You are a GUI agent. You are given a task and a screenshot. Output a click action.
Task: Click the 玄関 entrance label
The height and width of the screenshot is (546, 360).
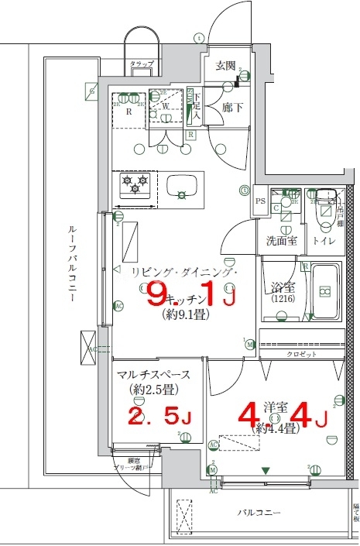225,66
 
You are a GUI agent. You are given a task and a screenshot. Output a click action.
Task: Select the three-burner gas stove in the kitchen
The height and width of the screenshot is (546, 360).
134,186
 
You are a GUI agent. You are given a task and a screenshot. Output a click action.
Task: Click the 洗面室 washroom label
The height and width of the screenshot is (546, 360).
283,241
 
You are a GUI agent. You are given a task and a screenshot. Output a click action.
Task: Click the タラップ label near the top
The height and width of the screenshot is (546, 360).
142,63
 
